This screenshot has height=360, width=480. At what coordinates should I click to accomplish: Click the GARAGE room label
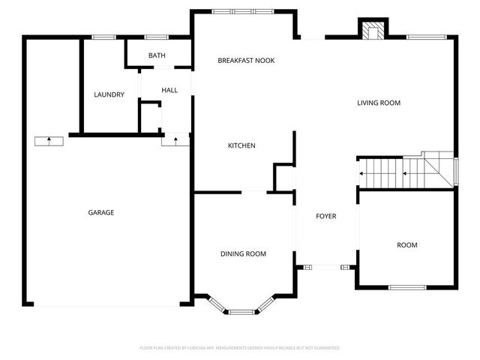[x=101, y=213]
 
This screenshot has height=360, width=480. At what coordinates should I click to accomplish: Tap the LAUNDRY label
[x=109, y=94]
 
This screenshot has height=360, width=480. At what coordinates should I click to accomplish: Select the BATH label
[x=157, y=55]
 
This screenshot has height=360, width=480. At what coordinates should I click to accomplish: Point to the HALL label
[x=169, y=91]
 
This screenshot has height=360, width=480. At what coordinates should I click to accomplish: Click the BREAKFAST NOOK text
[x=246, y=60]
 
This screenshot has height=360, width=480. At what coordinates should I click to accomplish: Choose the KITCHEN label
[x=242, y=145]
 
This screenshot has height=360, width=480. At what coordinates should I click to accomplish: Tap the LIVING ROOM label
[x=379, y=103]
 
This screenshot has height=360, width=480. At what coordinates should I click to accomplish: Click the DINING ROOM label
[x=243, y=254]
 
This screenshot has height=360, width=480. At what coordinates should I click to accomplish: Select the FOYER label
[x=325, y=217]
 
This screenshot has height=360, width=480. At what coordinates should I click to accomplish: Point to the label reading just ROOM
[x=407, y=245]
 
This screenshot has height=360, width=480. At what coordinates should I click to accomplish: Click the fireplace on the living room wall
[x=372, y=31]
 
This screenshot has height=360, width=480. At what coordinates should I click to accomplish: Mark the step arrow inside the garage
[x=49, y=140]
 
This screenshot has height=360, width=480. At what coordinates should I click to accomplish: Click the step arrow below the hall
[x=175, y=139]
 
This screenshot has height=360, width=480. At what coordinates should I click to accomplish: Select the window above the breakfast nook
[x=242, y=11]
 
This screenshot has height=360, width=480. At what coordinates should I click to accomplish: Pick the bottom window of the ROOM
[x=407, y=286]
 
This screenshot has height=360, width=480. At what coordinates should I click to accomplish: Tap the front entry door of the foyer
[x=325, y=265]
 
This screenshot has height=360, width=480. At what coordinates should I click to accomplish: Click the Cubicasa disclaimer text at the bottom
[x=240, y=348]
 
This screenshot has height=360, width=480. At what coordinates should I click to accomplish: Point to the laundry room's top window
[x=104, y=37]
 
